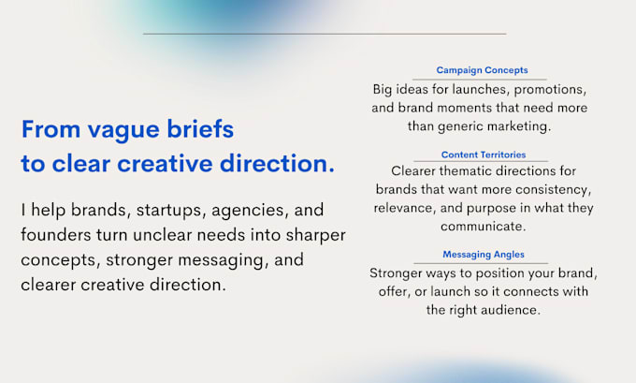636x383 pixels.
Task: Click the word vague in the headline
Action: click(x=123, y=130)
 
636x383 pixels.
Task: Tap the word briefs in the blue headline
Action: click(x=200, y=128)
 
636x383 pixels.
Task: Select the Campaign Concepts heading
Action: click(x=482, y=70)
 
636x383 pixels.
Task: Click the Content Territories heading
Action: click(x=484, y=155)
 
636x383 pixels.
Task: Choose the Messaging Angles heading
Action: click(x=484, y=255)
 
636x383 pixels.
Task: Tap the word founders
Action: click(x=55, y=234)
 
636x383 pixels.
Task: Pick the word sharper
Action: click(x=315, y=236)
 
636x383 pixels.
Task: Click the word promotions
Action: click(x=550, y=90)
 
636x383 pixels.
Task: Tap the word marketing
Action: click(x=519, y=126)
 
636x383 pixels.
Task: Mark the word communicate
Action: click(x=484, y=227)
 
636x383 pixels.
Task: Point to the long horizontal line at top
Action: click(x=325, y=34)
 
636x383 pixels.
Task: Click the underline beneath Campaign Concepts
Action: click(x=480, y=80)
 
